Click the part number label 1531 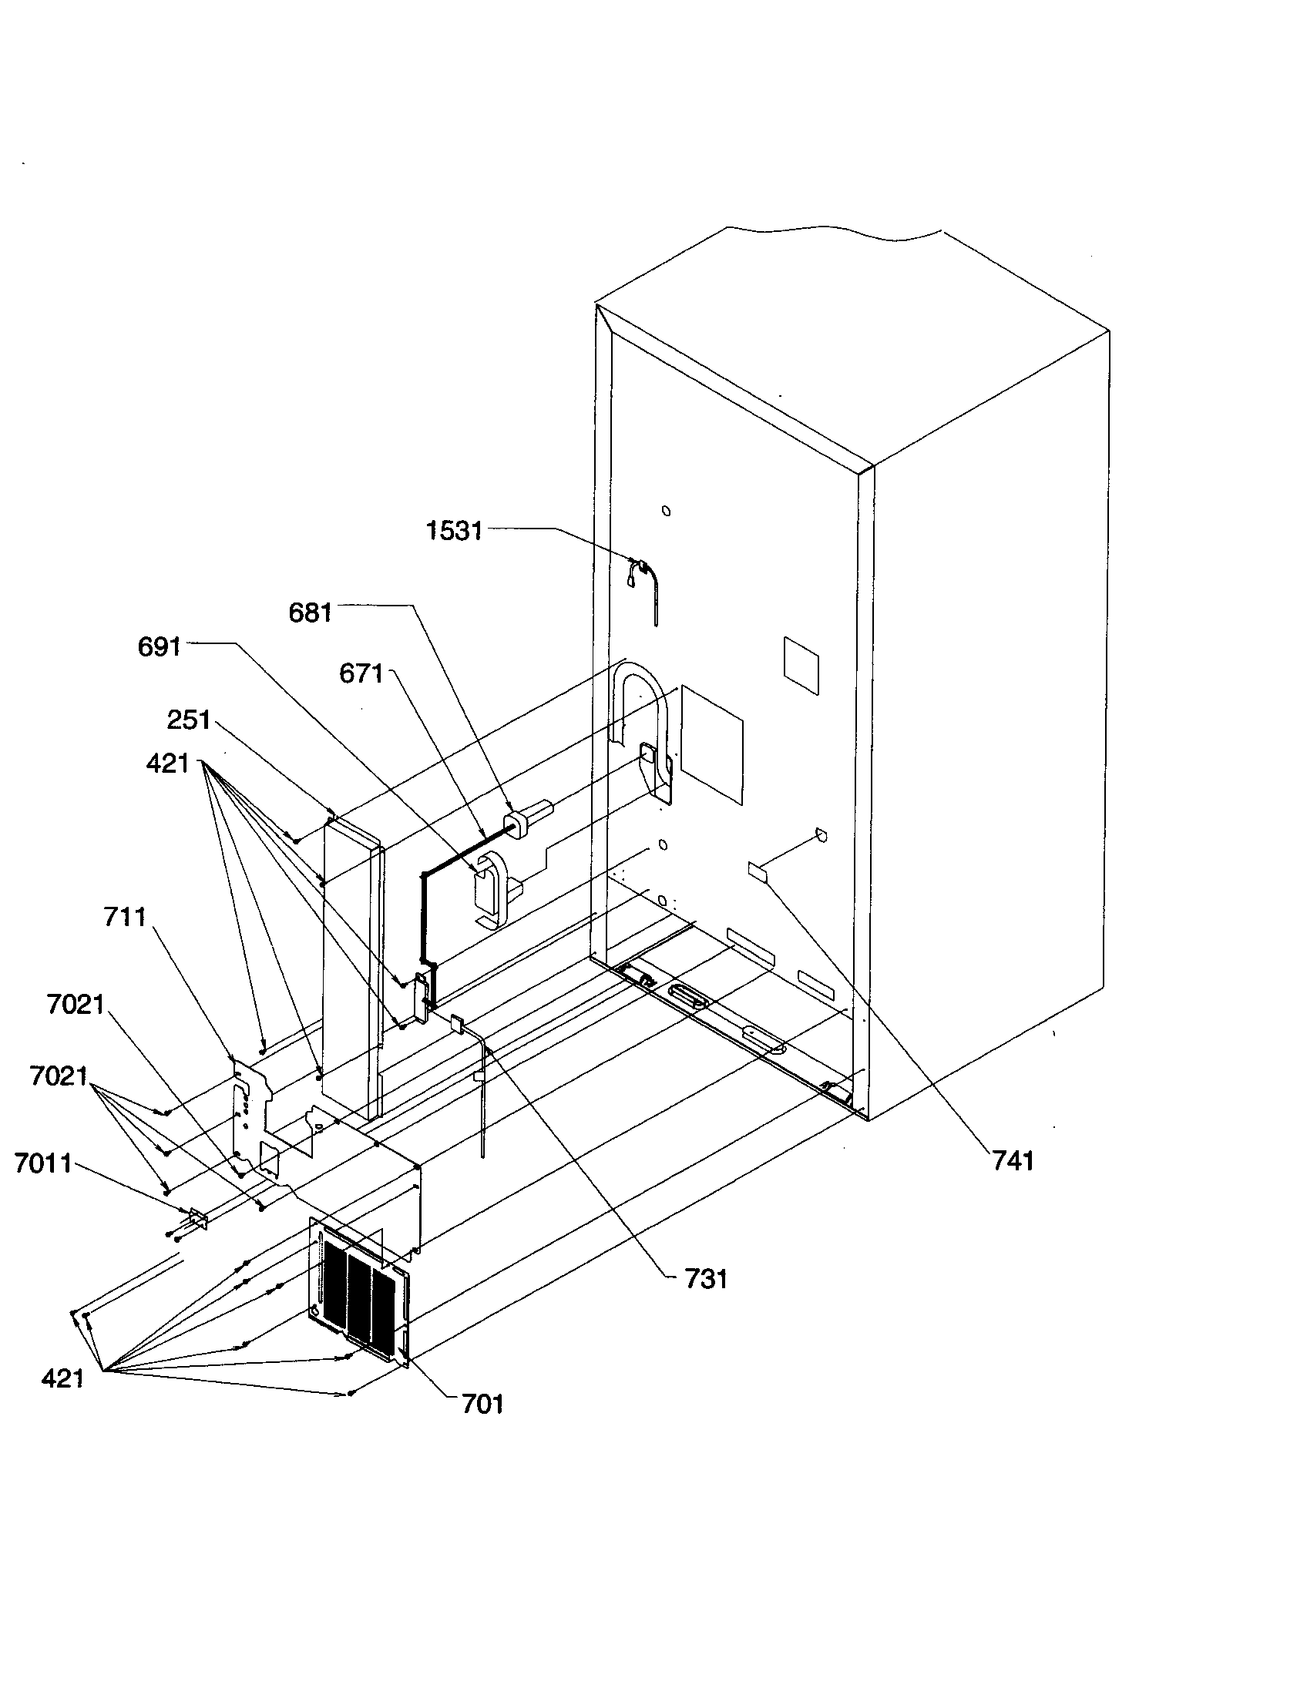pyautogui.click(x=454, y=532)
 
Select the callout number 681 pyautogui.click(x=310, y=613)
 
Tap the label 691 pyautogui.click(x=159, y=646)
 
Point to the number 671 pyautogui.click(x=361, y=673)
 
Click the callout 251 pyautogui.click(x=189, y=720)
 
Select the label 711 pyautogui.click(x=125, y=918)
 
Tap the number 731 pyautogui.click(x=705, y=1279)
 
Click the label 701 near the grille pyautogui.click(x=482, y=1403)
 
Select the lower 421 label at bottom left pyautogui.click(x=62, y=1378)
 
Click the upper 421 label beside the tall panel pyautogui.click(x=168, y=764)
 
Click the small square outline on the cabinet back pyautogui.click(x=801, y=665)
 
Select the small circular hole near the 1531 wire pyautogui.click(x=665, y=511)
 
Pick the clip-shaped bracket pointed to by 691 pyautogui.click(x=492, y=888)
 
